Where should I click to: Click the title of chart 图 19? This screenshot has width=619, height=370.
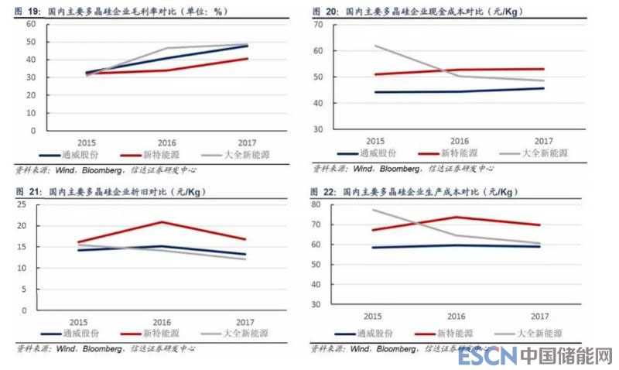click(x=117, y=12)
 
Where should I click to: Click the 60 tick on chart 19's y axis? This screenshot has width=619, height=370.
click(x=31, y=24)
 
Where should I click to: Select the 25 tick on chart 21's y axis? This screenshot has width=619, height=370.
click(x=22, y=205)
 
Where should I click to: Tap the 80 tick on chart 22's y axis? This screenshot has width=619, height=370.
click(x=316, y=205)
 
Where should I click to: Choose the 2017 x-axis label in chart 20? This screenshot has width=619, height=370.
click(x=543, y=141)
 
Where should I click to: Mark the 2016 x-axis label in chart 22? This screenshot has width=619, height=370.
click(x=458, y=317)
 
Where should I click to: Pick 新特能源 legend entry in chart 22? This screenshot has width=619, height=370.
click(x=454, y=334)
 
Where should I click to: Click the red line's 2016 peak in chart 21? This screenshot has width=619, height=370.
click(x=161, y=222)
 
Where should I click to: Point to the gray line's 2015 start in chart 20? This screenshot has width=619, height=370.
click(x=376, y=46)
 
